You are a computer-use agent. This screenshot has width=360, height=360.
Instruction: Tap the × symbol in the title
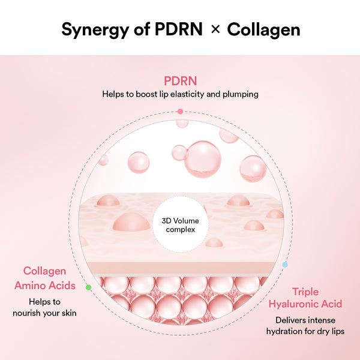[215, 30]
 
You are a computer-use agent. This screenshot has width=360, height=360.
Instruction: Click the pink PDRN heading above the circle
[180, 81]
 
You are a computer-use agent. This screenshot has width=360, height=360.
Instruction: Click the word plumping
[239, 94]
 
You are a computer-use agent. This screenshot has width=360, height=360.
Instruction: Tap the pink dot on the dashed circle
[180, 111]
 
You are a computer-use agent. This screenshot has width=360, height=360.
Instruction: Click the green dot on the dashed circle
[89, 287]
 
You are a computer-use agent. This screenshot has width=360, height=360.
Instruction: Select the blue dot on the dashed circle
[285, 264]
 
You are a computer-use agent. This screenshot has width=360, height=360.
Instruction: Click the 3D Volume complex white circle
[180, 225]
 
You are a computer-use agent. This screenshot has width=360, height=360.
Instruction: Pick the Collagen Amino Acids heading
[49, 278]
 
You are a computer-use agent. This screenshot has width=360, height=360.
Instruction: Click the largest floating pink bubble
[202, 159]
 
